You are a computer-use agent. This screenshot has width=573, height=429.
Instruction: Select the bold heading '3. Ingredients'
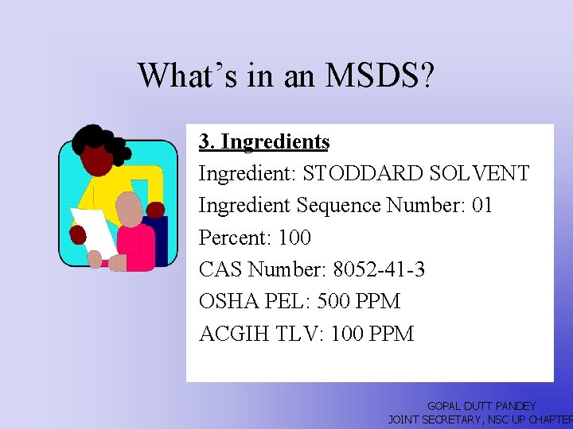(264, 141)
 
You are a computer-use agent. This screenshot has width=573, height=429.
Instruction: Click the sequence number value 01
(482, 205)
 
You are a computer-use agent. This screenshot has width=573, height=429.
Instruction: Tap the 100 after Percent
(295, 238)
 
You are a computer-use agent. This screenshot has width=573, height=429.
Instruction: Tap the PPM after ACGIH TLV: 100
(392, 334)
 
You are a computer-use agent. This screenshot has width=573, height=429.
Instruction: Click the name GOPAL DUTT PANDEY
(481, 406)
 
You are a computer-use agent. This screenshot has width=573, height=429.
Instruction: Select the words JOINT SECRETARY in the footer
(434, 419)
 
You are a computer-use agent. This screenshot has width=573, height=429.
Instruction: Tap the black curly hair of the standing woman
(99, 143)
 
